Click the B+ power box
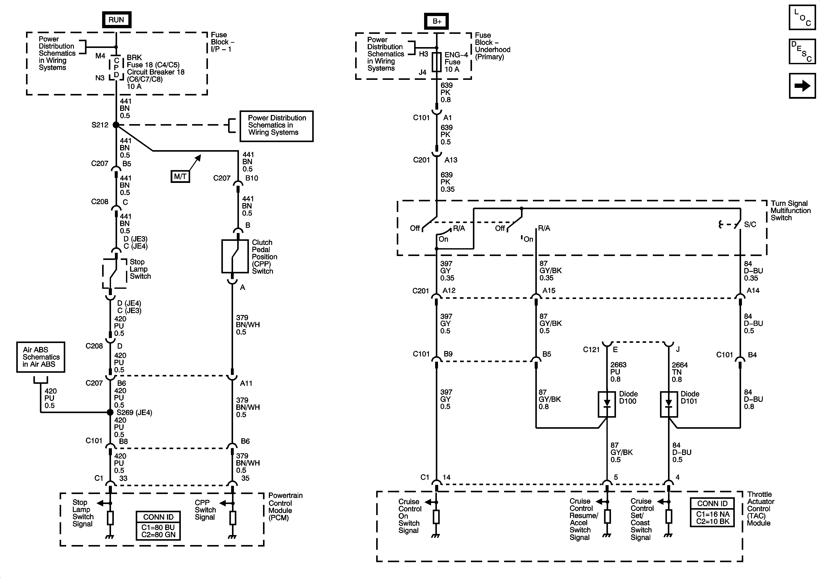pos(436,21)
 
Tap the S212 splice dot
pos(116,125)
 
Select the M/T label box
pos(180,176)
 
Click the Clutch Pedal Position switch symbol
pos(235,256)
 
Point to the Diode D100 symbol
pos(607,404)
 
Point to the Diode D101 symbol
pos(669,404)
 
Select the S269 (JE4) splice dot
pos(110,412)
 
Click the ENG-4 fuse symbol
pos(436,62)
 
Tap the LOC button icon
pos(802,17)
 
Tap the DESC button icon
pos(802,51)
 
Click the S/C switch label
pos(750,225)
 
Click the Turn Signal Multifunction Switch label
pos(790,210)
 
